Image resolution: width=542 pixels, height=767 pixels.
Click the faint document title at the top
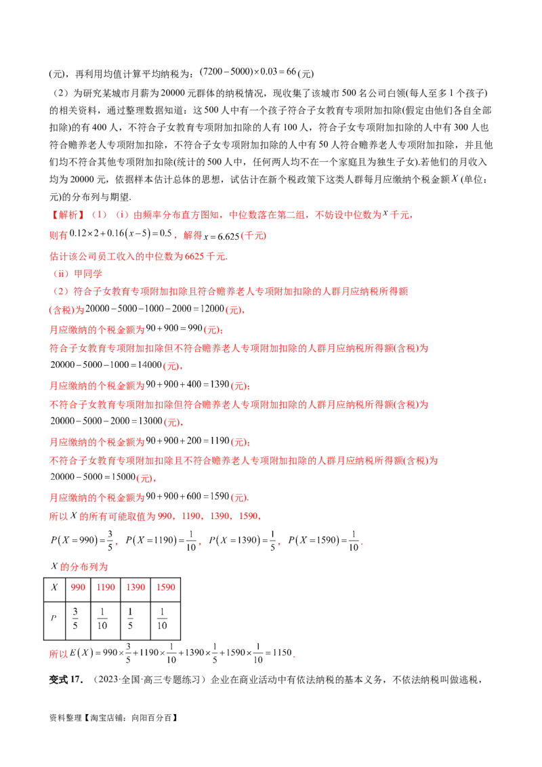(x=247, y=70)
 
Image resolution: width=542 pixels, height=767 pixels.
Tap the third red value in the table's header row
(x=135, y=587)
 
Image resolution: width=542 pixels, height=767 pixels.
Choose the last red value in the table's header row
(x=167, y=587)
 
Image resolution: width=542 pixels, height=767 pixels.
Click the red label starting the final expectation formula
(x=59, y=655)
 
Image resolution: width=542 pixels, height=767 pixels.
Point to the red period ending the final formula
(x=296, y=656)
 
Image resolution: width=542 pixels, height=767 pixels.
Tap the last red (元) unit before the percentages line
(x=238, y=498)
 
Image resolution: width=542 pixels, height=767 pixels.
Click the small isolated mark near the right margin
(x=453, y=180)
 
